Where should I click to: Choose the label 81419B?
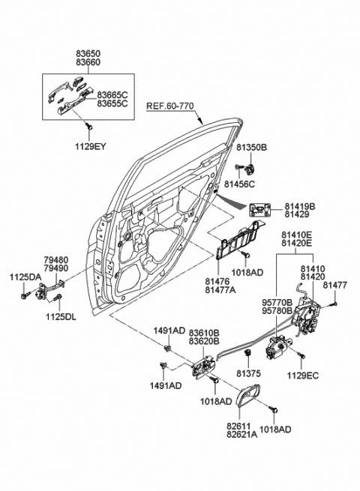299,205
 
